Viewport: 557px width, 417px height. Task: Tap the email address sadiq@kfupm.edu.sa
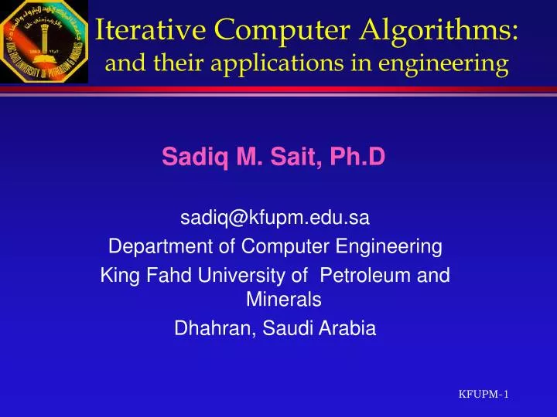275,219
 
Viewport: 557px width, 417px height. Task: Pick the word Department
159,247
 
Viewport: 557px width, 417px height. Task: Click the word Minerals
275,300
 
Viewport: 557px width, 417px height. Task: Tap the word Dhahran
217,328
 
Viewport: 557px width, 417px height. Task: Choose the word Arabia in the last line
345,328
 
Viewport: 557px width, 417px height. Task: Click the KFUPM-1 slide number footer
484,395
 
